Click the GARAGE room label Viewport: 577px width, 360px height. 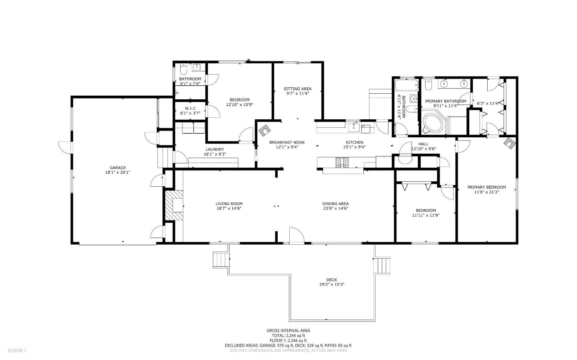click(x=118, y=168)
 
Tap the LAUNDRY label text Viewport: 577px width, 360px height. click(x=215, y=149)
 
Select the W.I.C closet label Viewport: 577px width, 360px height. click(x=190, y=108)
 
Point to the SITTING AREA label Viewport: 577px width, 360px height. click(x=297, y=89)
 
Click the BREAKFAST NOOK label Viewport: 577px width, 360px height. click(x=287, y=142)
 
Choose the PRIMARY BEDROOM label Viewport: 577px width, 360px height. click(x=486, y=187)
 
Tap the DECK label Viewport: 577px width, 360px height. click(x=331, y=280)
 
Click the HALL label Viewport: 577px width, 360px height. click(x=424, y=144)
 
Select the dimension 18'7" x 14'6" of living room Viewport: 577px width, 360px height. click(x=229, y=208)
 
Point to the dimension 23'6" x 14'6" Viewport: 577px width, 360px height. click(x=335, y=208)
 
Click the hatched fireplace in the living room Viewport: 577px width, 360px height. click(x=174, y=205)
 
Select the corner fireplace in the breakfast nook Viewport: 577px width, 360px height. click(x=264, y=130)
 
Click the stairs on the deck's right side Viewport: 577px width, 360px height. click(x=382, y=265)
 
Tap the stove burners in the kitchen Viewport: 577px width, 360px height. click(x=342, y=162)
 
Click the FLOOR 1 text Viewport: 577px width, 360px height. click(x=17, y=351)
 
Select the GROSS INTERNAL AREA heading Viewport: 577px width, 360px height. click(x=288, y=330)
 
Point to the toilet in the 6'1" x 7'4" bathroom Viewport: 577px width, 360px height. click(x=183, y=70)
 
